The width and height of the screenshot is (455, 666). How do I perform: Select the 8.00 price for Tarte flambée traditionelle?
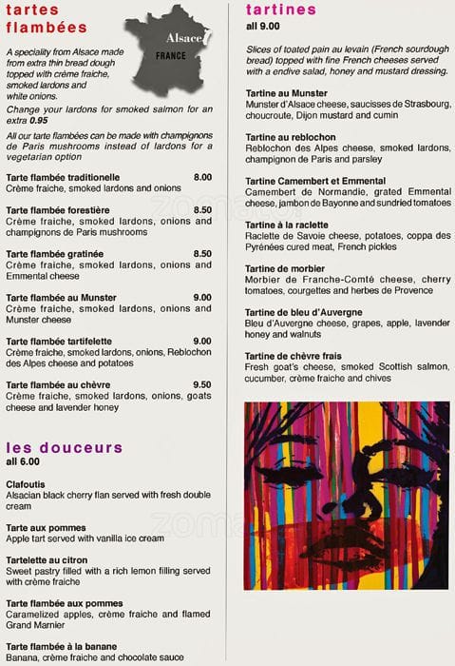[202, 178]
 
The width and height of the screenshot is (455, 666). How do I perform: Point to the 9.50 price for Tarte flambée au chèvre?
[202, 384]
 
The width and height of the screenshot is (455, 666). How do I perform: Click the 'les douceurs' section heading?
[65, 446]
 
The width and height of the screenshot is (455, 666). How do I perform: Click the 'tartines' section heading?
[280, 10]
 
